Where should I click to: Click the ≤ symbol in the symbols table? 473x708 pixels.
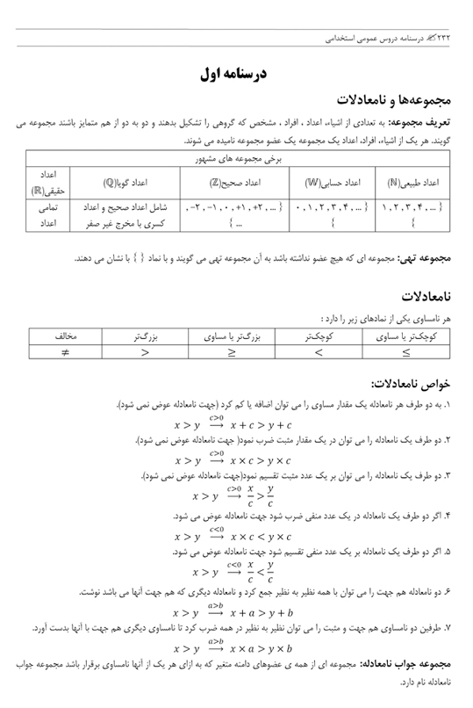[x=405, y=351]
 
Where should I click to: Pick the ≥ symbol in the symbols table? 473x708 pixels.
[x=232, y=351]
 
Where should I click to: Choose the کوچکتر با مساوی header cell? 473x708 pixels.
[x=405, y=335]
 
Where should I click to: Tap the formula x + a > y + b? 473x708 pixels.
[x=254, y=612]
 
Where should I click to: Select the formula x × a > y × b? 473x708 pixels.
[x=254, y=649]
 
